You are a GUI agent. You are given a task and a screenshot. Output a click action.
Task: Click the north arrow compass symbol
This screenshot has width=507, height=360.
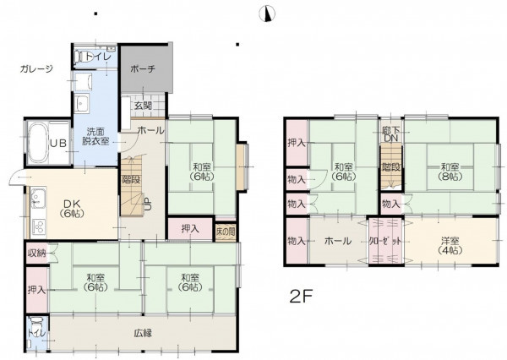(x=267, y=14)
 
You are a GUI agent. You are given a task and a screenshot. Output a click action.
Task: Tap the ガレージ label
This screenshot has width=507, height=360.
(x=36, y=69)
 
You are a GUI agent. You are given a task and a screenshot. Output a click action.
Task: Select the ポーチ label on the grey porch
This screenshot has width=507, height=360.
(x=143, y=69)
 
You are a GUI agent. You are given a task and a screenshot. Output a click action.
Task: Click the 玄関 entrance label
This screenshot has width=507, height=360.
(x=144, y=106)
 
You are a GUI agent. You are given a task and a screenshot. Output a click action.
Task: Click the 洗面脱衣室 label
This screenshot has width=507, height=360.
(x=95, y=137)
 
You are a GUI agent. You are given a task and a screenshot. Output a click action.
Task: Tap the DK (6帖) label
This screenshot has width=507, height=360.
(x=72, y=208)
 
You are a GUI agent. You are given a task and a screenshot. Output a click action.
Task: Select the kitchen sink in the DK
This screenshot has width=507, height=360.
(x=38, y=197)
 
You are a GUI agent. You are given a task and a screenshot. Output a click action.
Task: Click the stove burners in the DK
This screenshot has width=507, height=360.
(x=38, y=226)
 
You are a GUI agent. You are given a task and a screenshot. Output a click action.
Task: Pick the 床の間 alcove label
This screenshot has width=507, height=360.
(x=226, y=232)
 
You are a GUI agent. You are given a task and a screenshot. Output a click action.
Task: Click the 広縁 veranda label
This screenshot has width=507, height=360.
(x=143, y=333)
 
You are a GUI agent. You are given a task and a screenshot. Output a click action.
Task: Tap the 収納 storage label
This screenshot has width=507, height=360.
(x=36, y=253)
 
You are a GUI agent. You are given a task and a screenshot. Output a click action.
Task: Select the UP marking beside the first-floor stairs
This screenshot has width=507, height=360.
(x=146, y=205)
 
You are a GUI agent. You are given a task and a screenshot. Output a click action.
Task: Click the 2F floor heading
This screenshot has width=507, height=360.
(x=302, y=297)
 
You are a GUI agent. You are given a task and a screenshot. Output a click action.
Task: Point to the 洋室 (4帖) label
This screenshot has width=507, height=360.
(x=450, y=246)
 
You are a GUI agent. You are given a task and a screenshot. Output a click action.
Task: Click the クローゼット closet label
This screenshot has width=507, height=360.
(x=386, y=241)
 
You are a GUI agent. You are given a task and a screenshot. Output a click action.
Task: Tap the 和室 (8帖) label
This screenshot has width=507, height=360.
(x=450, y=172)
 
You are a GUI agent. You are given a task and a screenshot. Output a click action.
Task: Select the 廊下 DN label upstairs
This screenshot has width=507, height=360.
(x=390, y=134)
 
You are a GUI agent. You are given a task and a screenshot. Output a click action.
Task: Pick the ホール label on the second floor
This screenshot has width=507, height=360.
(x=337, y=241)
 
